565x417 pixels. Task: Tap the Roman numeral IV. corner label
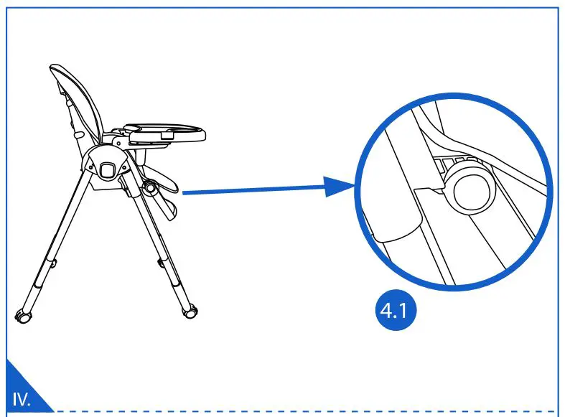[x=22, y=399]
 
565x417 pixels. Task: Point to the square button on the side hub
[x=108, y=169]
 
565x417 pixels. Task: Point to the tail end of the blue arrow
[x=185, y=192]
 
